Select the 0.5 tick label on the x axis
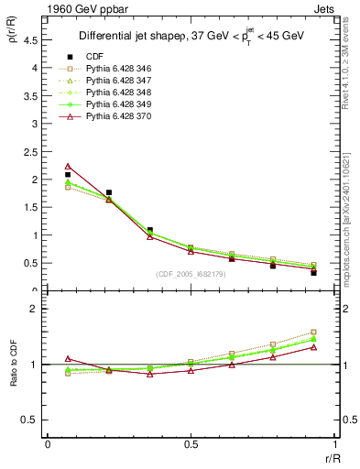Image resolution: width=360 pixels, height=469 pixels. [191, 444]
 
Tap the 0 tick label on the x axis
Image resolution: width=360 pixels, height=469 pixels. [48, 444]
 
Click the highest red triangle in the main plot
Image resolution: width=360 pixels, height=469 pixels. [68, 166]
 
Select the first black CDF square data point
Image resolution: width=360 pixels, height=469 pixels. [68, 174]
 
